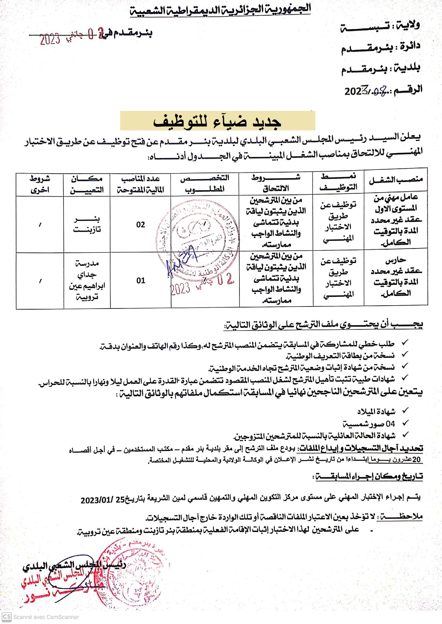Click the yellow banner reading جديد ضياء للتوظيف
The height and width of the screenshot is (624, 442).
tap(217, 121)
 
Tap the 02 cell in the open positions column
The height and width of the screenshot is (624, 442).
tap(141, 225)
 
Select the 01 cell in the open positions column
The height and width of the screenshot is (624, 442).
tap(141, 281)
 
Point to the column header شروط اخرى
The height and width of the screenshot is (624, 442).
tap(40, 184)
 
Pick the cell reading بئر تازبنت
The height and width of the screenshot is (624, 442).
tap(87, 224)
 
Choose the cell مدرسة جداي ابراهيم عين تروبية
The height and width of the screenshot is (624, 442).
tap(87, 280)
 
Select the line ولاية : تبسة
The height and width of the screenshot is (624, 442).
tap(380, 26)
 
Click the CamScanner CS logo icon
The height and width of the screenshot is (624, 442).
tap(6, 617)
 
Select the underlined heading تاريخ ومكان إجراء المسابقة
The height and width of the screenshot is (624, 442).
tap(369, 476)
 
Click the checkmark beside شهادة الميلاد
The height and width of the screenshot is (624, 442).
tap(405, 411)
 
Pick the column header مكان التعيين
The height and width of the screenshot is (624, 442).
tap(87, 184)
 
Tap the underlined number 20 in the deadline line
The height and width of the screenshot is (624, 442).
tap(417, 459)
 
